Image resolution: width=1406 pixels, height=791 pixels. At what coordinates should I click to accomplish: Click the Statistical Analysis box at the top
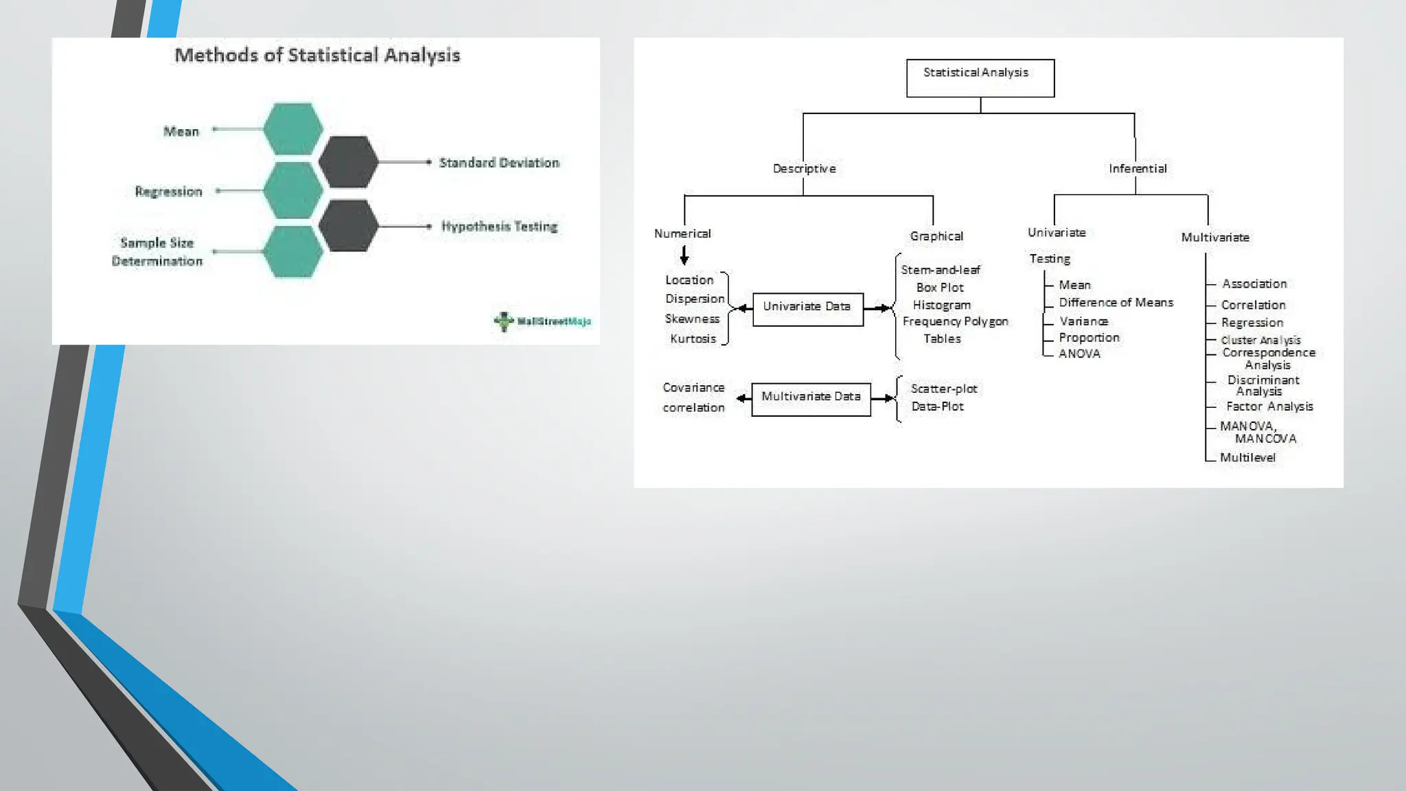pyautogui.click(x=980, y=78)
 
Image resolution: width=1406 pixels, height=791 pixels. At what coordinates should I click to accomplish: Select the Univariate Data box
pyautogui.click(x=807, y=309)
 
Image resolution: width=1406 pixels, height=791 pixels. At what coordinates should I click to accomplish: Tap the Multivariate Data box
pyautogui.click(x=811, y=399)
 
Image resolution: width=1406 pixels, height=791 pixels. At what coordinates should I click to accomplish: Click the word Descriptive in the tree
pyautogui.click(x=804, y=168)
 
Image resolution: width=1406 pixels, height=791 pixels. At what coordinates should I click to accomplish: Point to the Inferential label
pyautogui.click(x=1138, y=168)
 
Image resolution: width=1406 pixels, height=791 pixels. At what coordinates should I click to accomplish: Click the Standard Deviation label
pyautogui.click(x=499, y=163)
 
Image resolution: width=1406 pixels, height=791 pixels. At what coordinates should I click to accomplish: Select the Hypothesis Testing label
pyautogui.click(x=499, y=226)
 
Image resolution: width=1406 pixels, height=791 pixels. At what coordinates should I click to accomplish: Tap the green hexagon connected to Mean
pyautogui.click(x=293, y=129)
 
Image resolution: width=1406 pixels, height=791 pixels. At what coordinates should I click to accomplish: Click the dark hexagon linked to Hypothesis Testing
pyautogui.click(x=349, y=225)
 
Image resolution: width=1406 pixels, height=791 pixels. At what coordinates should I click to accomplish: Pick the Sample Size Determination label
pyautogui.click(x=157, y=252)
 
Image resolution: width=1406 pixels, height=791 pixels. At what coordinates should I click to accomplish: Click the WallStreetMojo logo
pyautogui.click(x=542, y=321)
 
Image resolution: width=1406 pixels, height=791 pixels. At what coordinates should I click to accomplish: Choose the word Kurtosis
pyautogui.click(x=693, y=339)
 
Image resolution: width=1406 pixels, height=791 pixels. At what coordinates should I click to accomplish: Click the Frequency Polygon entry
pyautogui.click(x=955, y=321)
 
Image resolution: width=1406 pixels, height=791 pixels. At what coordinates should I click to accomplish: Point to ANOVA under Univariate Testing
pyautogui.click(x=1079, y=354)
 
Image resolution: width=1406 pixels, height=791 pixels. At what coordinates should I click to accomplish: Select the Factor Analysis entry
pyautogui.click(x=1269, y=406)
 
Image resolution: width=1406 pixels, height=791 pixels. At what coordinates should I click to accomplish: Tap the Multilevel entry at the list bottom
pyautogui.click(x=1247, y=457)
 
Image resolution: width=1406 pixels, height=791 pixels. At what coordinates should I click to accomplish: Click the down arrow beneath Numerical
pyautogui.click(x=684, y=256)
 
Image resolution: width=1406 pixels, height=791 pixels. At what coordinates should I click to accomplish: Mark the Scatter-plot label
pyautogui.click(x=943, y=389)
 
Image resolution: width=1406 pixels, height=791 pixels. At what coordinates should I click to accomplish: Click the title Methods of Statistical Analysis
pyautogui.click(x=317, y=56)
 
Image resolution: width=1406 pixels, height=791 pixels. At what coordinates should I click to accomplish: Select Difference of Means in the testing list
pyautogui.click(x=1116, y=302)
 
